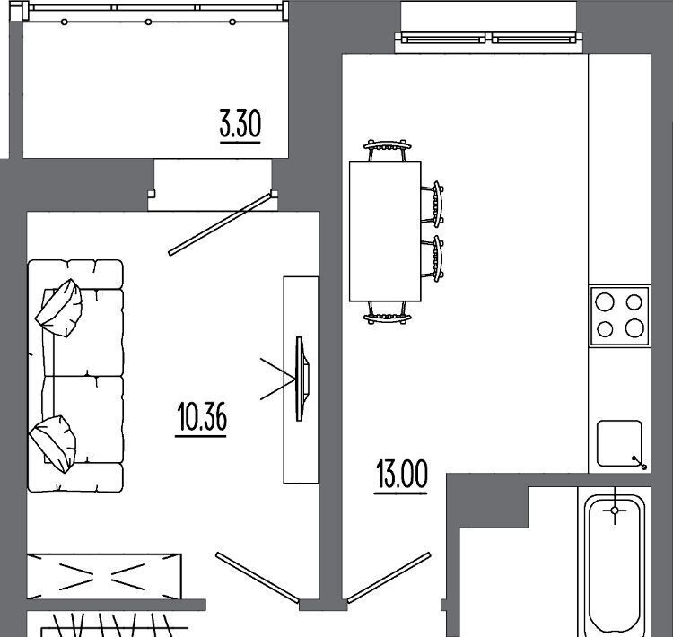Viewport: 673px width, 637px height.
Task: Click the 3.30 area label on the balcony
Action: pyautogui.click(x=240, y=125)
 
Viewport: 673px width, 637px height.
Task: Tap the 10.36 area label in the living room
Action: pyautogui.click(x=201, y=418)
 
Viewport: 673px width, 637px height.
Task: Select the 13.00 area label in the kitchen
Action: pyautogui.click(x=401, y=476)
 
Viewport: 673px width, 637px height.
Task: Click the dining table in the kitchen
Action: pyautogui.click(x=385, y=231)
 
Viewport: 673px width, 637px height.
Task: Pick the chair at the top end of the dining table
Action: pyautogui.click(x=387, y=150)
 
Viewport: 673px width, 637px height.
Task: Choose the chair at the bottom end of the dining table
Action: pyautogui.click(x=387, y=312)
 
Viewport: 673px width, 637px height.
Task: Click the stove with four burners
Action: pyautogui.click(x=619, y=316)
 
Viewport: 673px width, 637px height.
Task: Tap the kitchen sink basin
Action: pyautogui.click(x=619, y=443)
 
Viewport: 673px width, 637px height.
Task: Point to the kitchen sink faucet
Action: pyautogui.click(x=640, y=463)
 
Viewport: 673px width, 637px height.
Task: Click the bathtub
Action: pyautogui.click(x=615, y=563)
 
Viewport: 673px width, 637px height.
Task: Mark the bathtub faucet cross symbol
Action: pyautogui.click(x=615, y=510)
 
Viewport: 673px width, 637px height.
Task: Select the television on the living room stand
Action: pyautogui.click(x=302, y=379)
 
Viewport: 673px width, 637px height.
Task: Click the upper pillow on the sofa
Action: pyautogui.click(x=59, y=308)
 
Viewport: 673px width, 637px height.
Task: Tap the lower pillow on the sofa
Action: pyautogui.click(x=53, y=444)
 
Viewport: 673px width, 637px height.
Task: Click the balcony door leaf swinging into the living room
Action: pyautogui.click(x=220, y=223)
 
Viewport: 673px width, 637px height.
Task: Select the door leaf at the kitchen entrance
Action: pyautogui.click(x=389, y=577)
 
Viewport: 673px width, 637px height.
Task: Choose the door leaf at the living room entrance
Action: pyautogui.click(x=258, y=577)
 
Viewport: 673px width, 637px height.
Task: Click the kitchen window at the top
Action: pyautogui.click(x=488, y=39)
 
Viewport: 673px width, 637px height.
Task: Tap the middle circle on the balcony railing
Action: pyautogui.click(x=148, y=22)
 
